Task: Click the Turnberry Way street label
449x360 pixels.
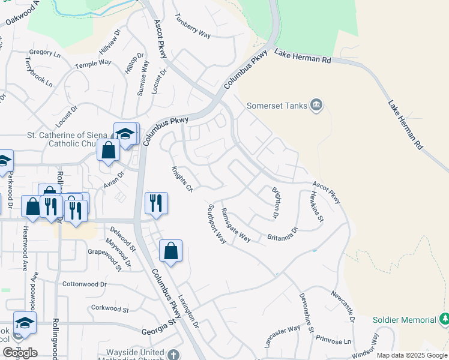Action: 193,25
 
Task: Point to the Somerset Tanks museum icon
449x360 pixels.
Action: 317,106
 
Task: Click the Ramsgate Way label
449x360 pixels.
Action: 235,224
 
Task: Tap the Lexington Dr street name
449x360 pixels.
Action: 188,311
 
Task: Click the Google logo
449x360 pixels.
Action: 20,353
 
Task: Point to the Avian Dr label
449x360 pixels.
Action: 113,179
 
